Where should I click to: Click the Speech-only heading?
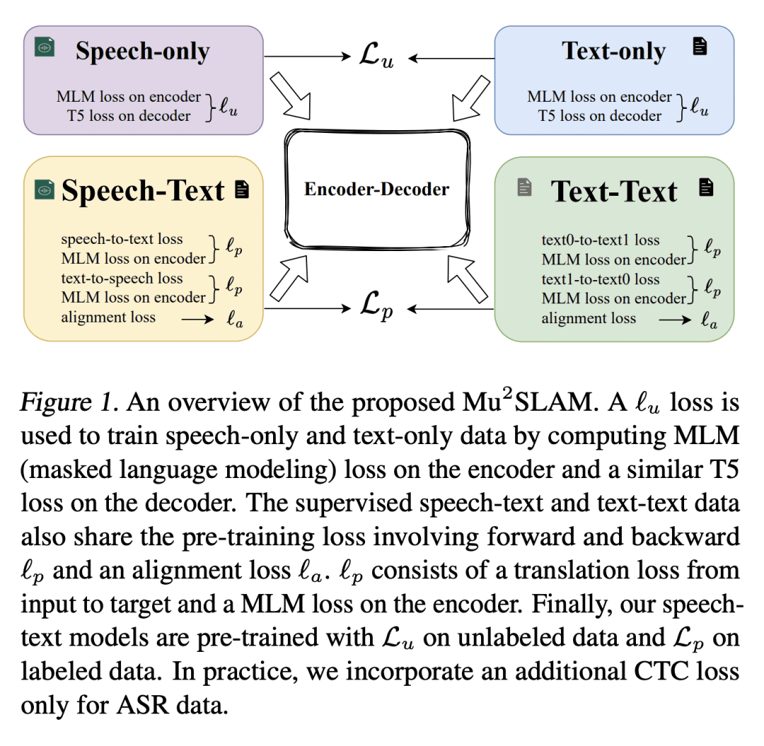coord(142,51)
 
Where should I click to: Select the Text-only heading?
coord(613,51)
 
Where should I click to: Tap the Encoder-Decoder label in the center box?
coord(376,189)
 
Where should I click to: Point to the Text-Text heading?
coord(614,191)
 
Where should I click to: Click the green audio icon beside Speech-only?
coord(45,47)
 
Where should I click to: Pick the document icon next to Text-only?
coord(700,47)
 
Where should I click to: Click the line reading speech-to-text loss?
coord(122,240)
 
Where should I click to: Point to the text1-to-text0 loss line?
coord(601,279)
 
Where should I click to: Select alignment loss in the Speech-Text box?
coord(108,317)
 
